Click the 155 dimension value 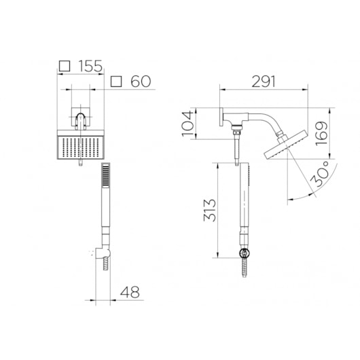click(90, 66)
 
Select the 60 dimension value click(141, 82)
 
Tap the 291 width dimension click(264, 82)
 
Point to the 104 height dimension click(187, 124)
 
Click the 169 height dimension click(321, 133)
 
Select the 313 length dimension click(210, 211)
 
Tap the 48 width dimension click(130, 292)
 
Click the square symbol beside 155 click(65, 66)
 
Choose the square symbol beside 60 click(116, 82)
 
